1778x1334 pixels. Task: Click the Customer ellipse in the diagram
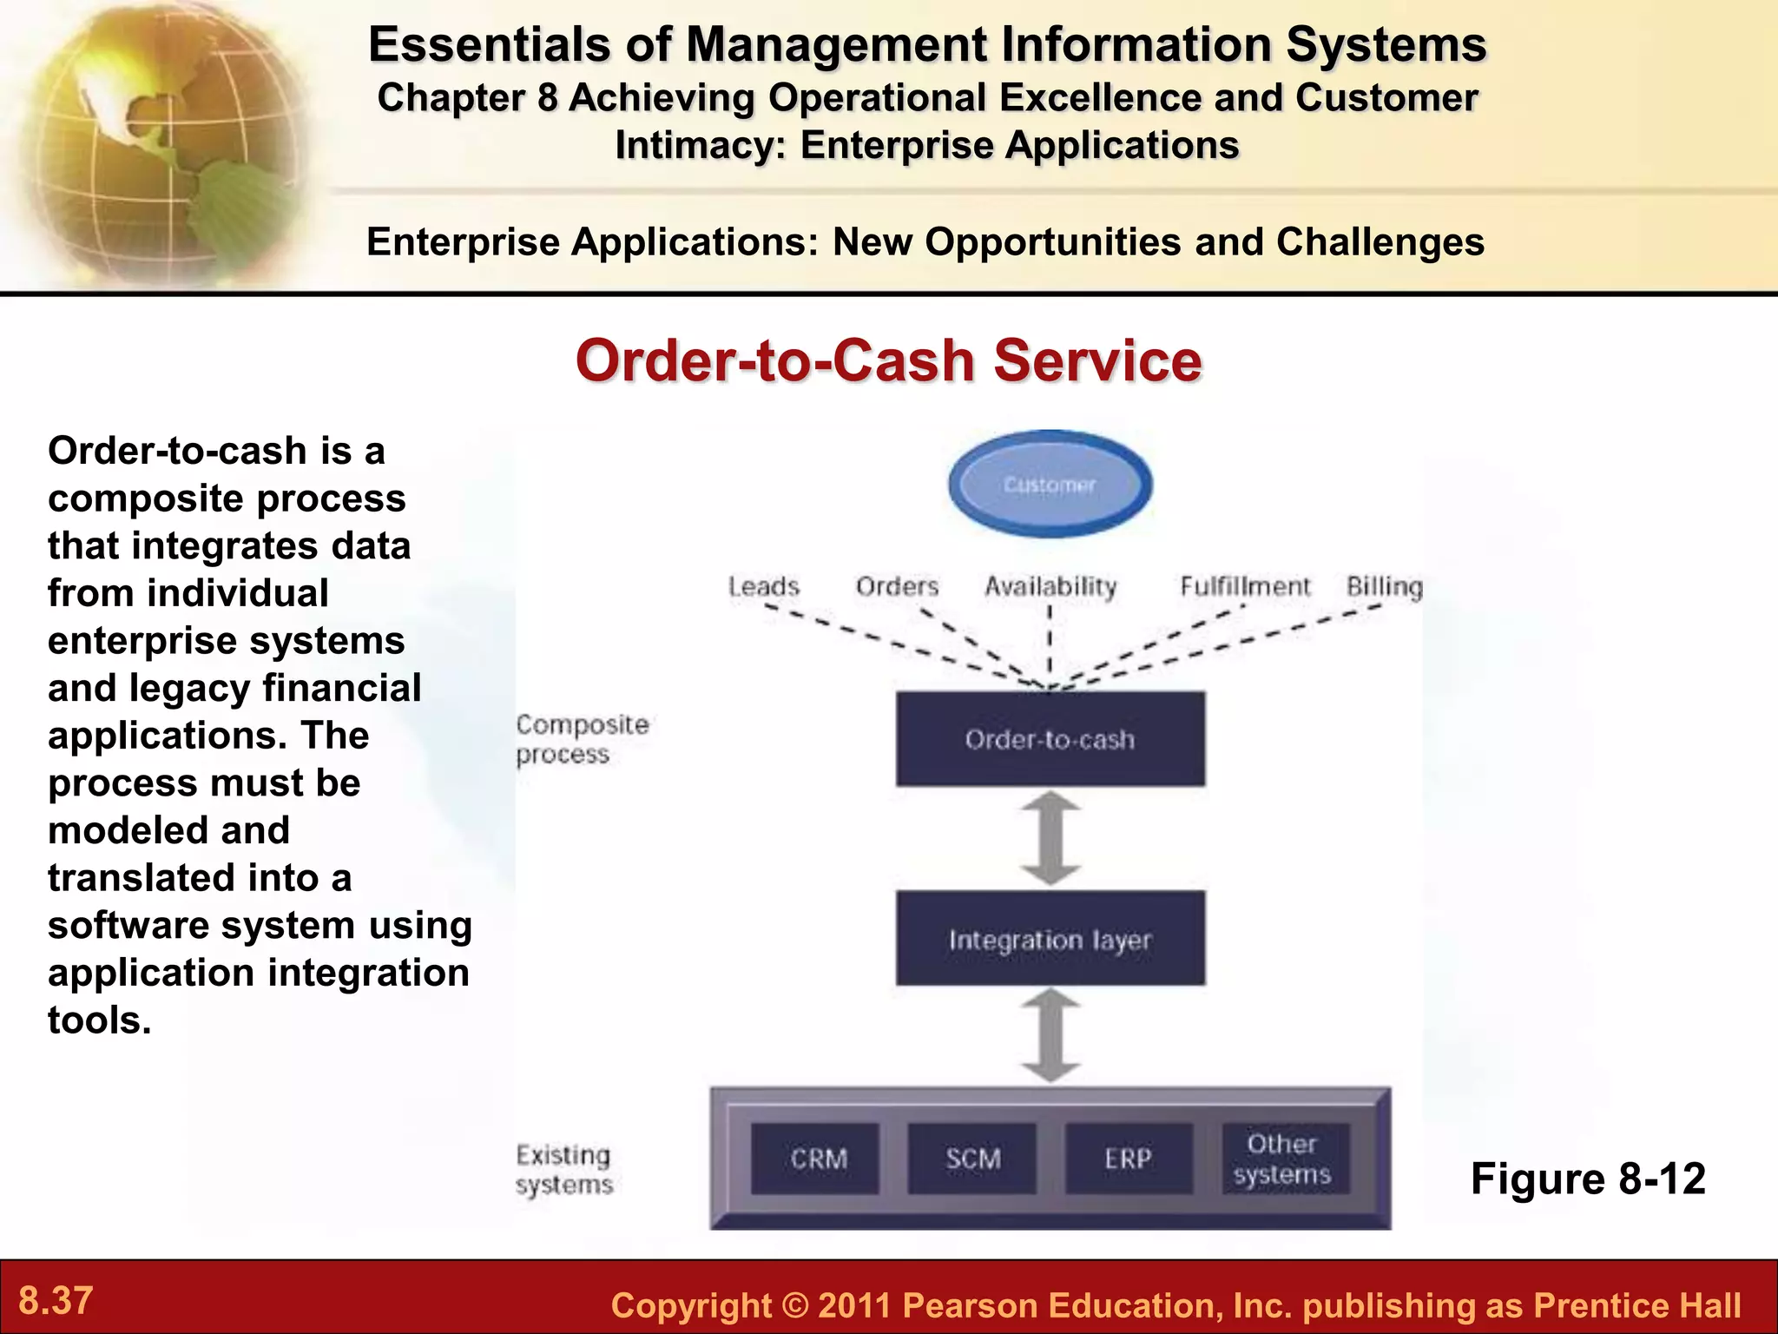(1050, 485)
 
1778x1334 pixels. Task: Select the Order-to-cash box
(1050, 739)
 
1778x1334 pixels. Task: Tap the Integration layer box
(1050, 939)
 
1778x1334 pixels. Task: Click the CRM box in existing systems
(816, 1159)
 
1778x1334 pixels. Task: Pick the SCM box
(972, 1159)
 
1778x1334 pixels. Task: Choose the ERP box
(1128, 1159)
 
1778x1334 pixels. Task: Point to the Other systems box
(1283, 1159)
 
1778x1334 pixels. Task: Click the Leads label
(763, 587)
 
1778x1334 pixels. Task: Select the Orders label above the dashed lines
(897, 587)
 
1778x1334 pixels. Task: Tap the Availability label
(1050, 587)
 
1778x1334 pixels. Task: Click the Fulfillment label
(1244, 587)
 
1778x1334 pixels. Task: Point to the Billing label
(1384, 587)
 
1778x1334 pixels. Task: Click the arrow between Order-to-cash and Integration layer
(1050, 838)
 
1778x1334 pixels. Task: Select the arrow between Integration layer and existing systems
(1050, 1035)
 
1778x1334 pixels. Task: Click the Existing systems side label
(563, 1169)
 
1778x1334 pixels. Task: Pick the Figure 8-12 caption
(1587, 1179)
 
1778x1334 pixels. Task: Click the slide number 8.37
(56, 1301)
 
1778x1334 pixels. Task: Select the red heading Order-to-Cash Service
(888, 360)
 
